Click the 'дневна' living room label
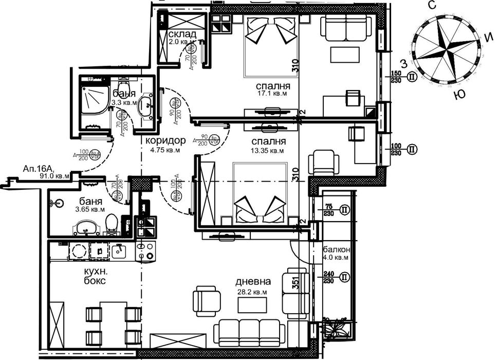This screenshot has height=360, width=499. point(253,282)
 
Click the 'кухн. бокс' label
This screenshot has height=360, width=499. point(95,276)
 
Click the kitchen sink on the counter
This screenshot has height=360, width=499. point(118,250)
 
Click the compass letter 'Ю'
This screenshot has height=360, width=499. point(461,95)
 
